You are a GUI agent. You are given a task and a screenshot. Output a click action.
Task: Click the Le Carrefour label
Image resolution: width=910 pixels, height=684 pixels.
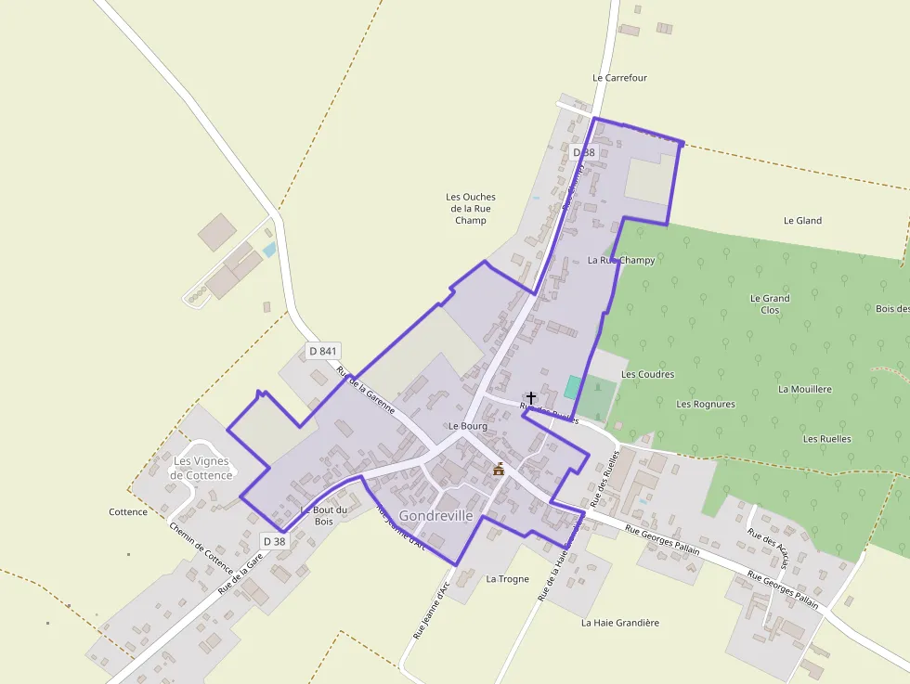pyautogui.click(x=619, y=78)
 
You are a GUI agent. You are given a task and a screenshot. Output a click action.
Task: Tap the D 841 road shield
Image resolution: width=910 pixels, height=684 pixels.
pyautogui.click(x=323, y=351)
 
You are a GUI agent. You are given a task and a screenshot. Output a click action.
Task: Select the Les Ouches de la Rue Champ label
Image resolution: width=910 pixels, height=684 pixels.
pyautogui.click(x=471, y=209)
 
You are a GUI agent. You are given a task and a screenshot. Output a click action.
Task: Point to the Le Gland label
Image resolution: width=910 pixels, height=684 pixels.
pyautogui.click(x=802, y=221)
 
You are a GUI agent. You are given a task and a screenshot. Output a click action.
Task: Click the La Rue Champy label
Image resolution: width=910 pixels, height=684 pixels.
pyautogui.click(x=621, y=261)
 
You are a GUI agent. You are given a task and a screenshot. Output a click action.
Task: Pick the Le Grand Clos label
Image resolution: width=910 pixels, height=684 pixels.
pyautogui.click(x=770, y=303)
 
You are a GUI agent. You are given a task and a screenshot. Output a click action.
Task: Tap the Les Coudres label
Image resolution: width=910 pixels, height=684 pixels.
pyautogui.click(x=647, y=374)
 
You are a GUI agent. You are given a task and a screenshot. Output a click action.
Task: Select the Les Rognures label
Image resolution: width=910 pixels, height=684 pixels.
pyautogui.click(x=706, y=404)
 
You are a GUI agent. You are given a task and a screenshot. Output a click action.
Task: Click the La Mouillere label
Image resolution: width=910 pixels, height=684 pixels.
pyautogui.click(x=805, y=389)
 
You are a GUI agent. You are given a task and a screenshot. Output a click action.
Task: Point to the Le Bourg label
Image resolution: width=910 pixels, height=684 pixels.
pyautogui.click(x=467, y=426)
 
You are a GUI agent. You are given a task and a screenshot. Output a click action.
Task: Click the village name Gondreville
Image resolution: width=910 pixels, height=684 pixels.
pyautogui.click(x=435, y=515)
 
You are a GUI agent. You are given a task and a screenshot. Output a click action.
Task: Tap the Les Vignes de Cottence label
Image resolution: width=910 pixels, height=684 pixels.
pyautogui.click(x=202, y=468)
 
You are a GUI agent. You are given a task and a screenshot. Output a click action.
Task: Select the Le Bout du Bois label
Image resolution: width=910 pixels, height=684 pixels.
pyautogui.click(x=323, y=515)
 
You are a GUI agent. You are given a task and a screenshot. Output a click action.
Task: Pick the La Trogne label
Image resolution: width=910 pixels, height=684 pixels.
pyautogui.click(x=507, y=579)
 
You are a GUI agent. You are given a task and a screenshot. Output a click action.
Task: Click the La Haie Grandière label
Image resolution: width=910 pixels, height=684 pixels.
pyautogui.click(x=620, y=623)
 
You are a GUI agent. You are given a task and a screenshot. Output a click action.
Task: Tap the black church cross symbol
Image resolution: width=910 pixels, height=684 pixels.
pyautogui.click(x=531, y=397)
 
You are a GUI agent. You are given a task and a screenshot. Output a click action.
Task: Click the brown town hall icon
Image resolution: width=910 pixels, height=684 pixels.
pyautogui.click(x=499, y=469)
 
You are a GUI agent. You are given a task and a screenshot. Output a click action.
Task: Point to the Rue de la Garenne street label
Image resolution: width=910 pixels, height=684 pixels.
pyautogui.click(x=366, y=390)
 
